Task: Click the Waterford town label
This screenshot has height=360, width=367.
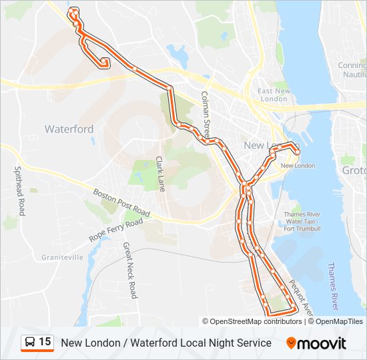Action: click(69, 129)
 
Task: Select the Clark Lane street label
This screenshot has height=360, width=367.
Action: click(160, 173)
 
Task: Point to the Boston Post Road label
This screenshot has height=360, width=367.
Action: click(120, 204)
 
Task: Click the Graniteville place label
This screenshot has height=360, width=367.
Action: click(62, 257)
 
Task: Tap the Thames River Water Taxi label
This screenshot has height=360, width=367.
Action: click(302, 221)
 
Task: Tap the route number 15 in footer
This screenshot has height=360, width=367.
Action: click(45, 343)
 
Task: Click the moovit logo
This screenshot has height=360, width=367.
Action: click(316, 343)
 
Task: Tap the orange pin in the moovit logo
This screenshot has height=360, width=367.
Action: click(292, 343)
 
